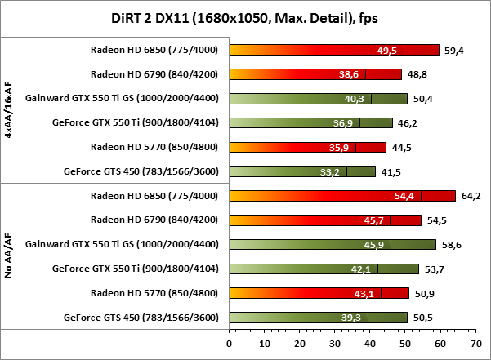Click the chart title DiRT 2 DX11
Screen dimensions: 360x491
point(244,17)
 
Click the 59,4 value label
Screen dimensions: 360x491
point(453,50)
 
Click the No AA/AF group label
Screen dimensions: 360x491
point(9,256)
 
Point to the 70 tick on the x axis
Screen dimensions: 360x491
point(475,344)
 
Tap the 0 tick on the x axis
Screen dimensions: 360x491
point(230,344)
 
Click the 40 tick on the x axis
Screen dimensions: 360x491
point(370,344)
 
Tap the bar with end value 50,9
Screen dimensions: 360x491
point(319,293)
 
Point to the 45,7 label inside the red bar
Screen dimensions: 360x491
point(374,220)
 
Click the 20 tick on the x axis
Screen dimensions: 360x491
point(300,344)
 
